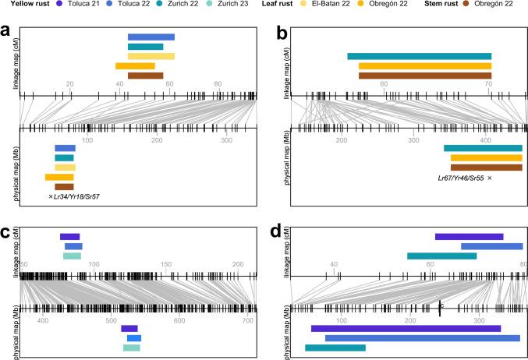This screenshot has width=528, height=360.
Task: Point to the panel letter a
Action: coord(5,31)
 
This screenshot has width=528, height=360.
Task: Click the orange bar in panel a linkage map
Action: coord(135,66)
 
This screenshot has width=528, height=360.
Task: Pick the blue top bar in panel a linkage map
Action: coord(151,37)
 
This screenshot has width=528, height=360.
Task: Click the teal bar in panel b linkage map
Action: coord(419,56)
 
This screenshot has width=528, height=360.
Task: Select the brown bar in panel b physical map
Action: coord(486,168)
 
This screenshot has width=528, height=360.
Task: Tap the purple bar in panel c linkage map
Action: coord(69,237)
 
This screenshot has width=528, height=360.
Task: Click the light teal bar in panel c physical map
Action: coord(131,348)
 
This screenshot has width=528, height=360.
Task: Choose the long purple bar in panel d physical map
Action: coord(406,328)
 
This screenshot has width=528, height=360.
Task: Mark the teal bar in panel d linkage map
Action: coord(441,256)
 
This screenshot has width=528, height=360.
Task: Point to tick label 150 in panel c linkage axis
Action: coord(166,264)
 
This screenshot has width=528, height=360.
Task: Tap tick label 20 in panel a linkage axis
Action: coord(70,84)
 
